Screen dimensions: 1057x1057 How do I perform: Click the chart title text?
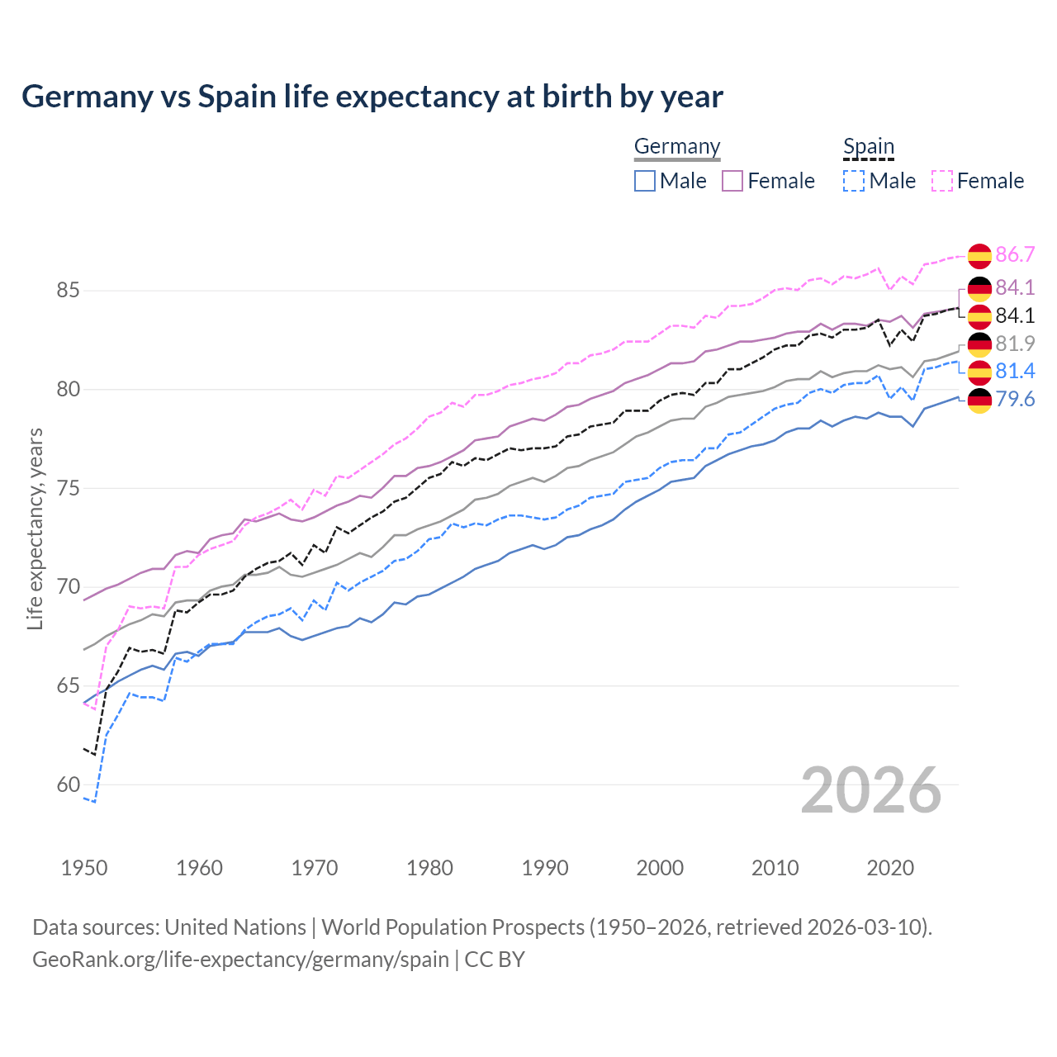372,97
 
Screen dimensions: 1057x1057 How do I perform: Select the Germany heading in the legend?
677,146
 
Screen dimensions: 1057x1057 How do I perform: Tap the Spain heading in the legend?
869,146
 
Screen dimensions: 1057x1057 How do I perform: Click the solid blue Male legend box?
645,181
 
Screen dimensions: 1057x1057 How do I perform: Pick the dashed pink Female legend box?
942,181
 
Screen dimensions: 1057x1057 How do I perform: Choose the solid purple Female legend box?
733,181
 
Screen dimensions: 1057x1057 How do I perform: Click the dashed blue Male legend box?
854,181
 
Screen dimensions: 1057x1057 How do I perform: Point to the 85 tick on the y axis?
68,291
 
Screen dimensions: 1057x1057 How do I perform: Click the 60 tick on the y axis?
68,785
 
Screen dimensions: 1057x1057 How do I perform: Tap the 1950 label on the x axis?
84,868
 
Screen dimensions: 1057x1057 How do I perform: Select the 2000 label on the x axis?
660,868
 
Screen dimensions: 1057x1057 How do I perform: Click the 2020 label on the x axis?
890,868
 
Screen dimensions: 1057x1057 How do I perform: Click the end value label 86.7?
1015,255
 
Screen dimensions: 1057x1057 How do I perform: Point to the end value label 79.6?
1015,400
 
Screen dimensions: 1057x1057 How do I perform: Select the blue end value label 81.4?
1015,372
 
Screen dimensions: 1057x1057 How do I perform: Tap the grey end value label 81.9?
1015,344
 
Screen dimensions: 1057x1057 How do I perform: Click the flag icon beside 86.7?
979,256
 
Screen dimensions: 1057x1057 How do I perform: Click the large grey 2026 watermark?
871,790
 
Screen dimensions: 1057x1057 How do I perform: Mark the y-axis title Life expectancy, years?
36,528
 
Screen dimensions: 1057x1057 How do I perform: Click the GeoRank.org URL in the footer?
240,960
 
